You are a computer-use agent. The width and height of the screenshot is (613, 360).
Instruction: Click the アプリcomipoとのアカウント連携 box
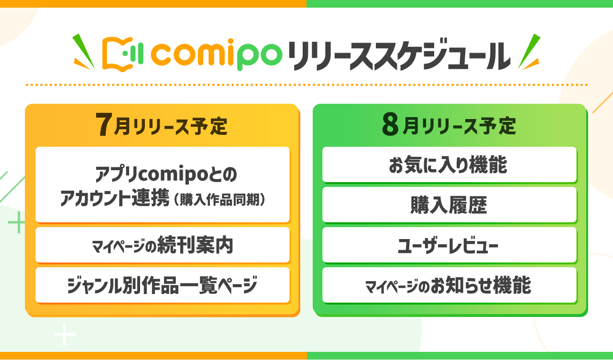[x=163, y=185]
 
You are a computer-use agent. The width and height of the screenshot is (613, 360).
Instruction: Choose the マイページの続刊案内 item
[x=163, y=245]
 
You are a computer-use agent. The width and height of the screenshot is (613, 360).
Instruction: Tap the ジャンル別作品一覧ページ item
[x=163, y=285]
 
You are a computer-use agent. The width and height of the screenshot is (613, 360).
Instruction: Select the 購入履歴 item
[x=449, y=205]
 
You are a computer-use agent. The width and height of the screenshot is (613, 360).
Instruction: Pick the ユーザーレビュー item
[x=449, y=245]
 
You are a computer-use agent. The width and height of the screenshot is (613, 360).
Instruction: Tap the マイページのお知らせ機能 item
[x=449, y=285]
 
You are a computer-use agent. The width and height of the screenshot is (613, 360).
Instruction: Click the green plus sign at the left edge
[x=17, y=223]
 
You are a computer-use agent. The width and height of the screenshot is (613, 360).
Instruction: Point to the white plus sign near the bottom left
[x=65, y=335]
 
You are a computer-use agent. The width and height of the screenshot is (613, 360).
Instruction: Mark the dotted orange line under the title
[x=306, y=85]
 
